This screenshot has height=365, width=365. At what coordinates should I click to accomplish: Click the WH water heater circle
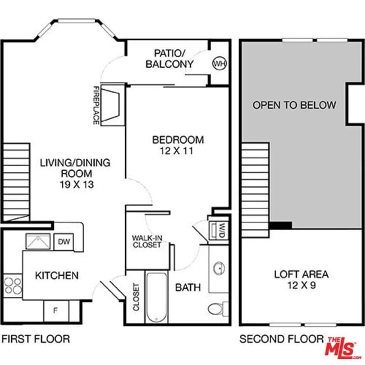pyautogui.click(x=218, y=63)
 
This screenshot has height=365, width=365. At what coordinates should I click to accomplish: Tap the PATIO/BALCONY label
pyautogui.click(x=170, y=59)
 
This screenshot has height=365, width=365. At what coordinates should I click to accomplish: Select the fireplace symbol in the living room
pyautogui.click(x=113, y=104)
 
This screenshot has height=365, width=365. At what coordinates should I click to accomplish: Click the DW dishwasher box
pyautogui.click(x=63, y=241)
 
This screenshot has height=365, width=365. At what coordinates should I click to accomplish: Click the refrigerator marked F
pyautogui.click(x=55, y=311)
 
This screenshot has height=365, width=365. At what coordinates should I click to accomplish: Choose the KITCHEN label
pyautogui.click(x=57, y=276)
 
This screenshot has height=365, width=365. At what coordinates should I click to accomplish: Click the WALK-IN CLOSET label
pyautogui.click(x=147, y=241)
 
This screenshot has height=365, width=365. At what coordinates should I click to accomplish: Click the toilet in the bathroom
pyautogui.click(x=216, y=308)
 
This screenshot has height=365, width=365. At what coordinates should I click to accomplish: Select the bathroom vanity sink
pyautogui.click(x=218, y=268)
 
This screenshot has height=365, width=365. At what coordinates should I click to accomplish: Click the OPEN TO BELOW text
pyautogui.click(x=294, y=105)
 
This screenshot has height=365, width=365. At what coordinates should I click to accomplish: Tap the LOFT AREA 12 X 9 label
pyautogui.click(x=301, y=280)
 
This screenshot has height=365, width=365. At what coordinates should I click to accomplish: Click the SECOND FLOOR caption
pyautogui.click(x=281, y=339)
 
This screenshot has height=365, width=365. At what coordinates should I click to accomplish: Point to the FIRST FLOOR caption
pyautogui.click(x=35, y=339)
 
